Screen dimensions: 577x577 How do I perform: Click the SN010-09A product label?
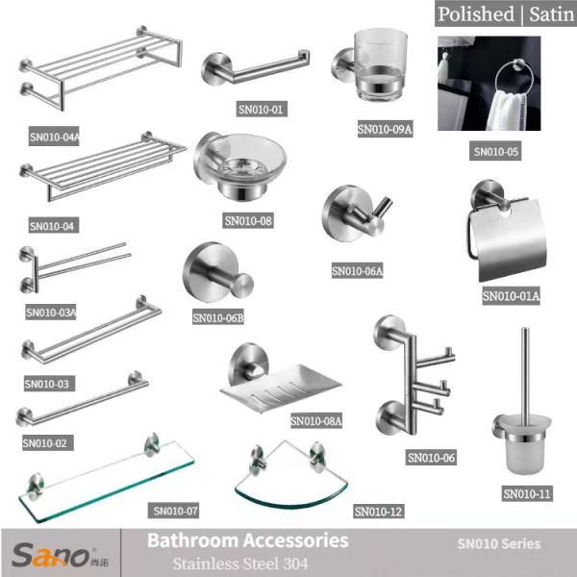point(385,129)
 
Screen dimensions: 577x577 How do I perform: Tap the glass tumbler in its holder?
point(382,65)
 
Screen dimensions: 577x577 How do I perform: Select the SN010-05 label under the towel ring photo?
point(496,152)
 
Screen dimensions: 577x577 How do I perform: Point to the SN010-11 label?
point(527,494)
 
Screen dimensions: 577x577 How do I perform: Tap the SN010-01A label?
point(511,296)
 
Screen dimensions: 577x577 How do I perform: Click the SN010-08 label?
point(248,221)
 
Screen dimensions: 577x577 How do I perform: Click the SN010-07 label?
point(175,511)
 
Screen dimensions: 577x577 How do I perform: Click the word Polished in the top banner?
point(476,13)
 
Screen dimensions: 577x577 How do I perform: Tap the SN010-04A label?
point(55,138)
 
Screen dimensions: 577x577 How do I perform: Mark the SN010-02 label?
point(47,443)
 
